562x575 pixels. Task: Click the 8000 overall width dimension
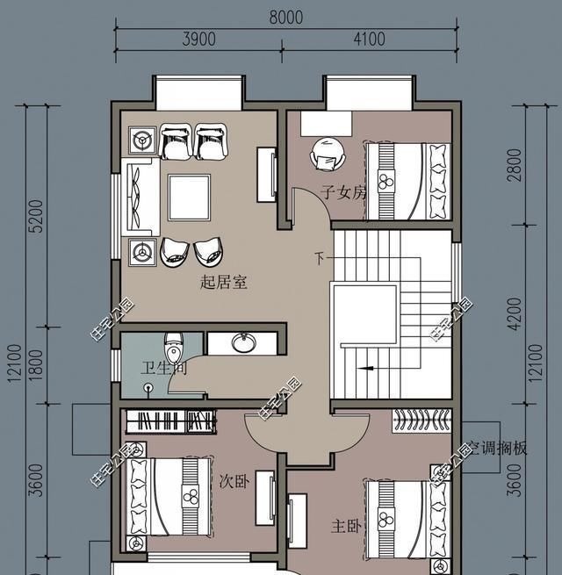coord(285,18)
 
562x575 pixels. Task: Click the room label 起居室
coord(224,283)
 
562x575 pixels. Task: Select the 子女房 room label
coord(342,192)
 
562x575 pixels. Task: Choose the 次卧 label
coord(232,482)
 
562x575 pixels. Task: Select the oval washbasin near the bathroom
coord(241,343)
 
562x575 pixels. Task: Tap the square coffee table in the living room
coord(190,198)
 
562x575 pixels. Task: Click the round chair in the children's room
coord(328,157)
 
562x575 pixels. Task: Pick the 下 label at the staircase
coord(320,258)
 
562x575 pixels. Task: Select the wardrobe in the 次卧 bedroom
coord(170,421)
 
